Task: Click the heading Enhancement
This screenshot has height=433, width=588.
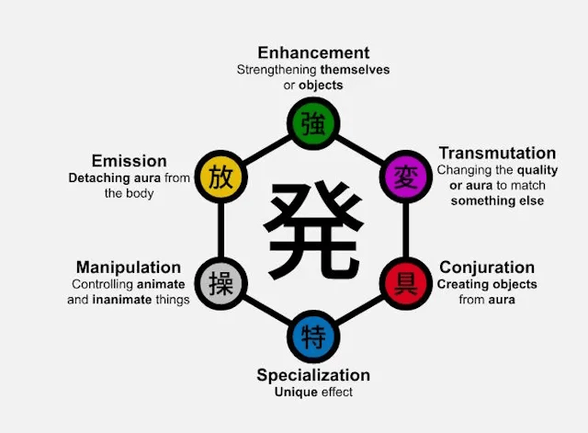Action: (313, 52)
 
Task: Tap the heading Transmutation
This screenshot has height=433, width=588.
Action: (497, 153)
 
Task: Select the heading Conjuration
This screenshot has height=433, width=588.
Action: (487, 268)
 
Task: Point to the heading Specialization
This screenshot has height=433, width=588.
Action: (313, 375)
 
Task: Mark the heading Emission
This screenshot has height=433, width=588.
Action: (129, 161)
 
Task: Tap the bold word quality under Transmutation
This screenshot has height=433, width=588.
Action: (537, 169)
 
